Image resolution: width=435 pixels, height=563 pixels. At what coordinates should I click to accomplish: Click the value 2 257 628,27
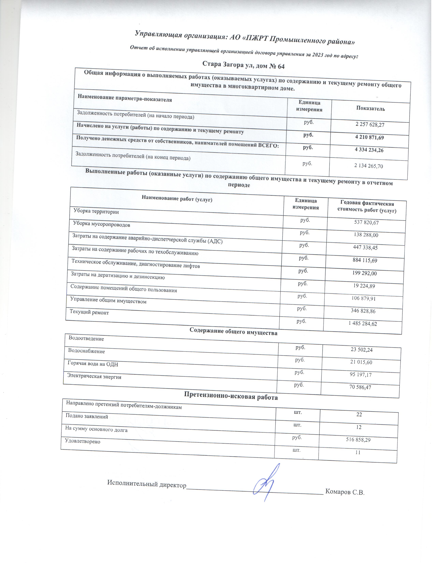click(x=370, y=125)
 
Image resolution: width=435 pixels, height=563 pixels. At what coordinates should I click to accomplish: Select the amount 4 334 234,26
click(x=369, y=150)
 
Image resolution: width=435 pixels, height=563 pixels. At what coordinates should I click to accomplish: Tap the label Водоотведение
click(x=86, y=339)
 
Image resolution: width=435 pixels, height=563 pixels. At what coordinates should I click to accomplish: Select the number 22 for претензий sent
click(x=359, y=415)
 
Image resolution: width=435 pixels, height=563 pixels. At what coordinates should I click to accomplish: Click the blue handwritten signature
click(x=267, y=482)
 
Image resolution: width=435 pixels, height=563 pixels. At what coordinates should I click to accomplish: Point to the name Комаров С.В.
click(x=345, y=492)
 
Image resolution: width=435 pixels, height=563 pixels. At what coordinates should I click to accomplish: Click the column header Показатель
click(x=370, y=109)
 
